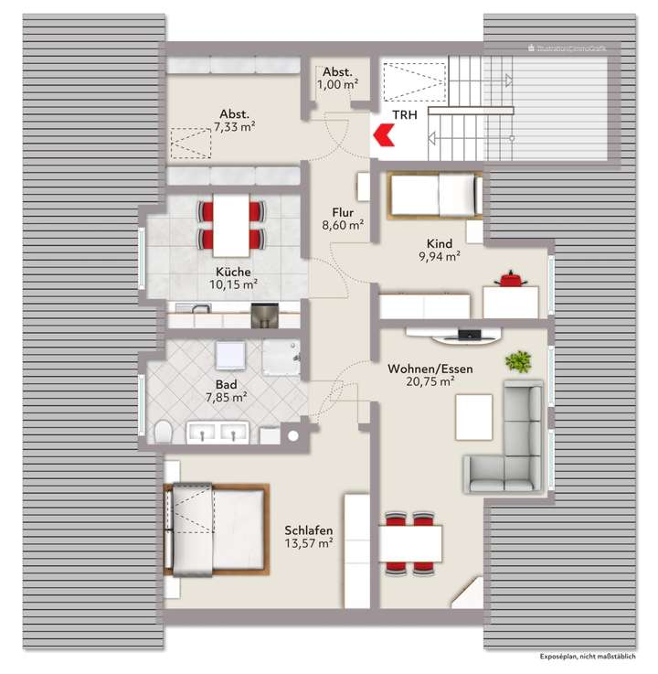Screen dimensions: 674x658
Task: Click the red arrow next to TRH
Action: point(382,137)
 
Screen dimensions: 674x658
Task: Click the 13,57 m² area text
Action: point(308,543)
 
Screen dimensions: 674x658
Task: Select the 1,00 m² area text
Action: point(337,85)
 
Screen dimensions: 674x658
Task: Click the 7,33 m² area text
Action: point(234,127)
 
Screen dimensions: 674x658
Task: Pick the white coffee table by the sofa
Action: point(473,414)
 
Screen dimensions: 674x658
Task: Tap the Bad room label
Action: point(227,385)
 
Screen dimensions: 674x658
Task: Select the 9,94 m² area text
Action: point(439,257)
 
